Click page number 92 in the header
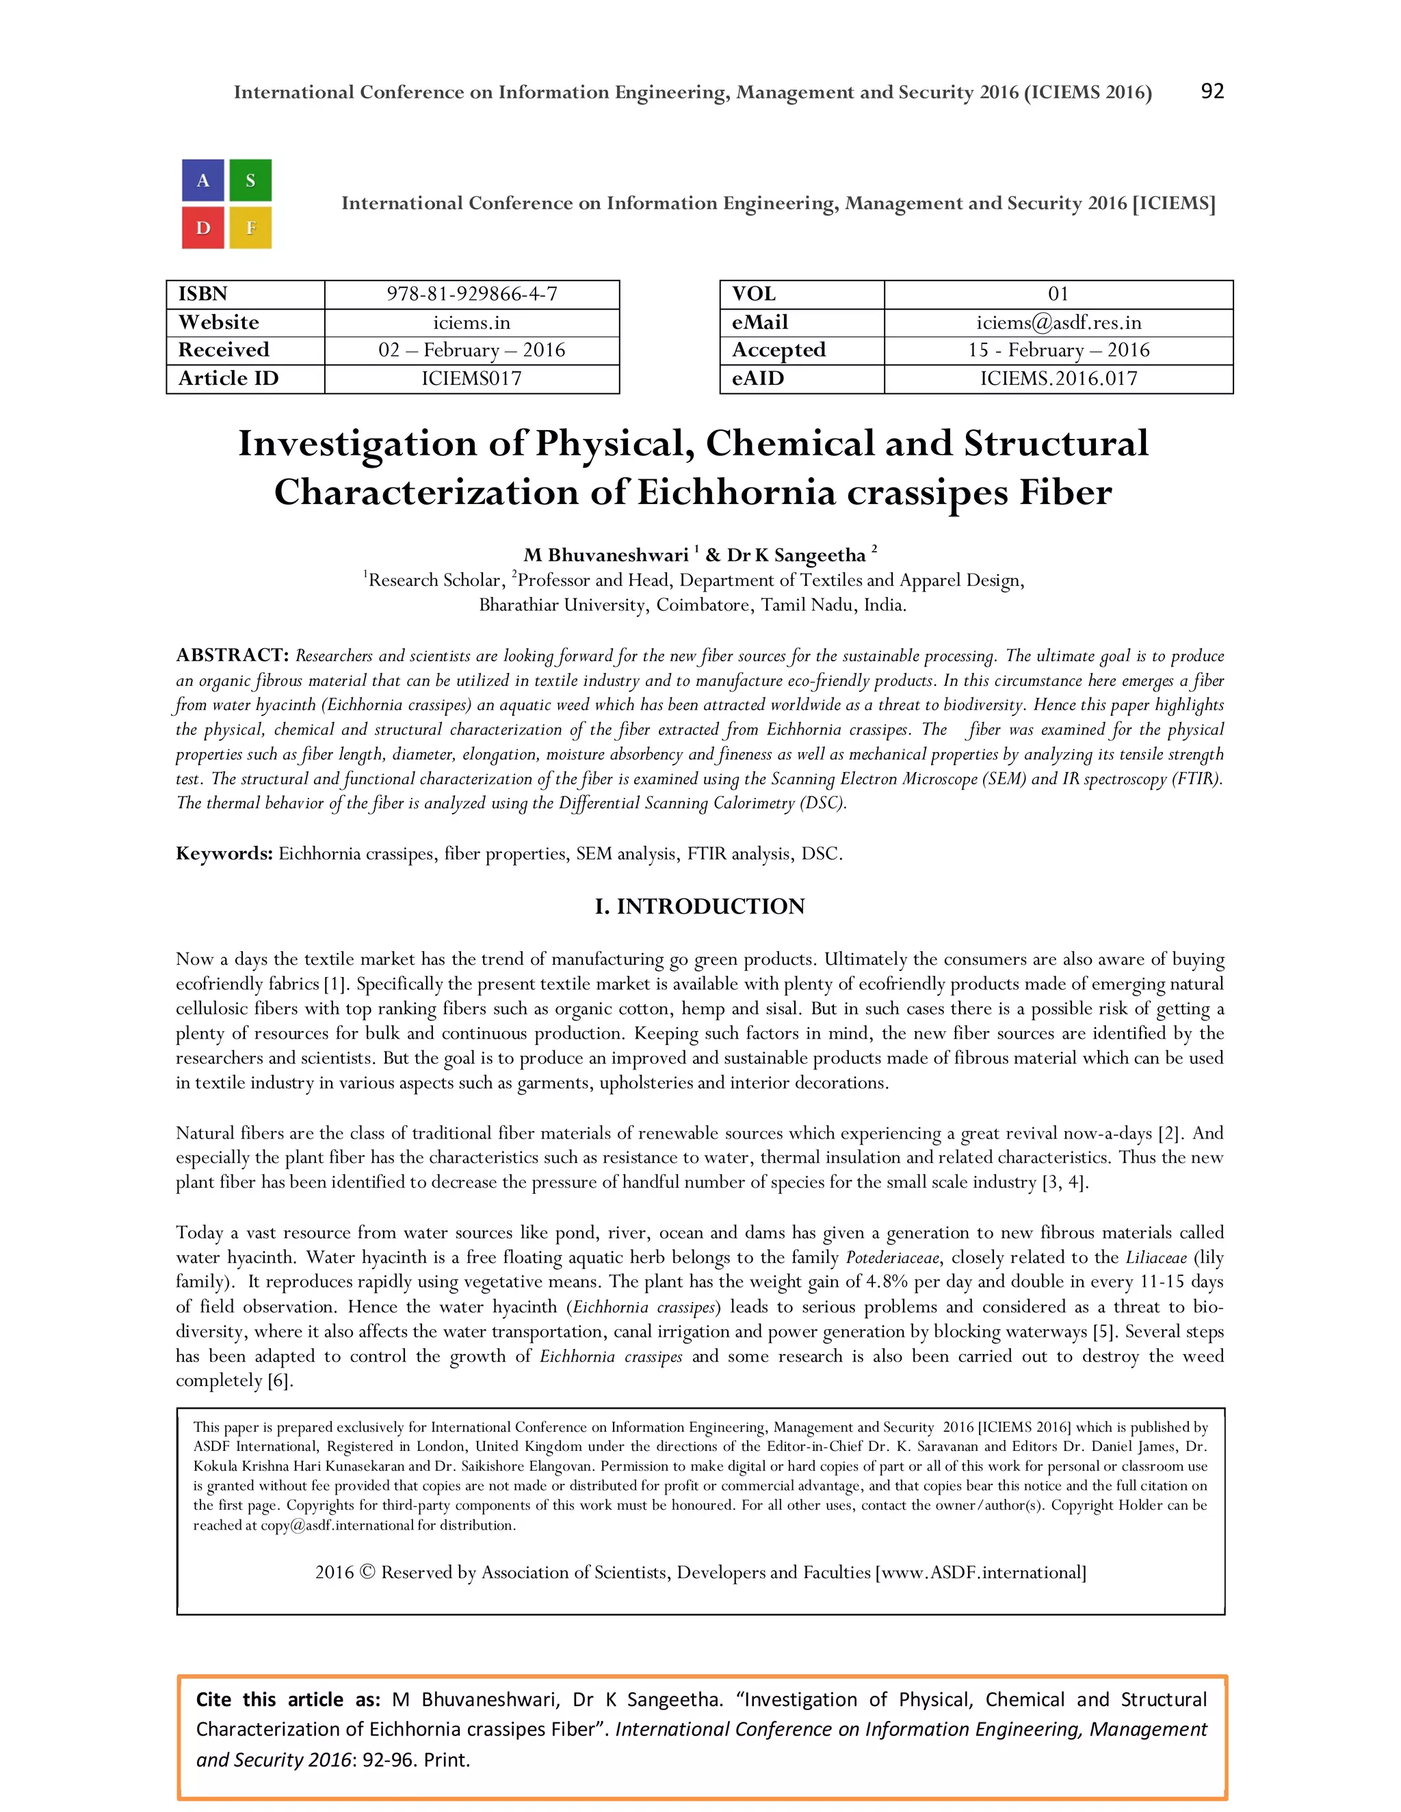point(1212,91)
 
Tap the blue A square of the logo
point(203,181)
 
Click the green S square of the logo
point(250,181)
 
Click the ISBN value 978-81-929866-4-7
point(471,295)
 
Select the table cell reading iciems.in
point(471,323)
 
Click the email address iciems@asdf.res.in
point(1058,323)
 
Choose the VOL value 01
point(1058,295)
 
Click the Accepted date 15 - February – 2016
point(1058,350)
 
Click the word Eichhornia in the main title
point(736,493)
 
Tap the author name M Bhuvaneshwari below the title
point(606,555)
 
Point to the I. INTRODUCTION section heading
point(700,906)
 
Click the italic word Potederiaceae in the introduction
point(892,1257)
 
